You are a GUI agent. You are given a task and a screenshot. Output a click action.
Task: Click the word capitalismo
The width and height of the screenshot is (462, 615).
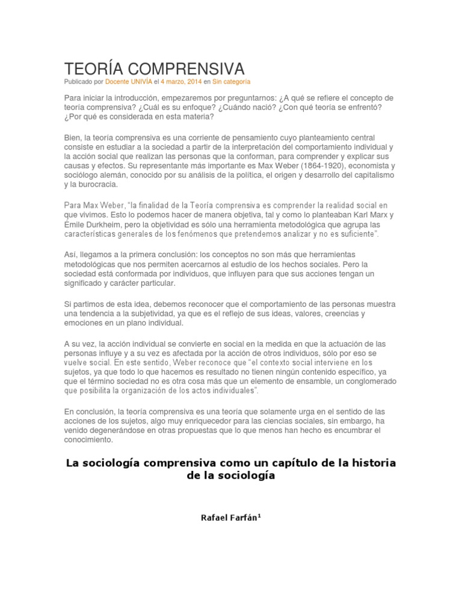click(x=372, y=175)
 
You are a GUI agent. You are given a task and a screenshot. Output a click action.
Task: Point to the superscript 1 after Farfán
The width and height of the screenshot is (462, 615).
click(x=259, y=515)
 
